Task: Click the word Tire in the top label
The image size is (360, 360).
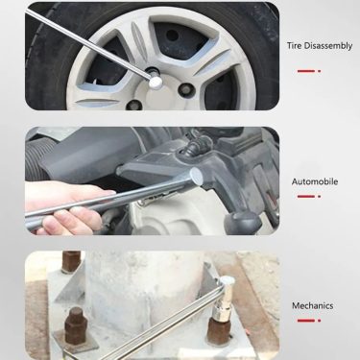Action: (294, 45)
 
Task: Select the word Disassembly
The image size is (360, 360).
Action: (327, 46)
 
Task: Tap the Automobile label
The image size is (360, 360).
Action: (315, 181)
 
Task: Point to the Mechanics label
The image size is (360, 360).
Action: (312, 305)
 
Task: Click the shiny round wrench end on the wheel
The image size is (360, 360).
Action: (156, 82)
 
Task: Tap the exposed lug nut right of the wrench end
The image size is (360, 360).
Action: (185, 90)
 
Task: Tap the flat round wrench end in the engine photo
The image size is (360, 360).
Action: (197, 178)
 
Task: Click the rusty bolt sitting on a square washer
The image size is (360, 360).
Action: (76, 325)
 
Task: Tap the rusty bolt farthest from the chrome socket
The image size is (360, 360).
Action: (71, 261)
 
